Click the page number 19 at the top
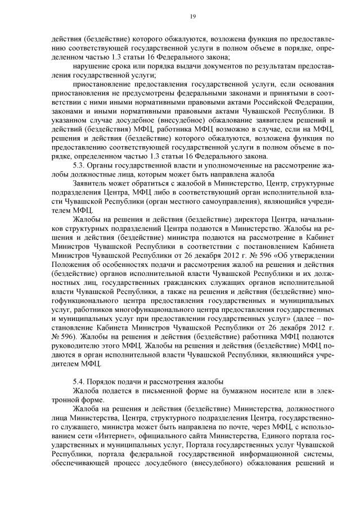pos(192,17)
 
